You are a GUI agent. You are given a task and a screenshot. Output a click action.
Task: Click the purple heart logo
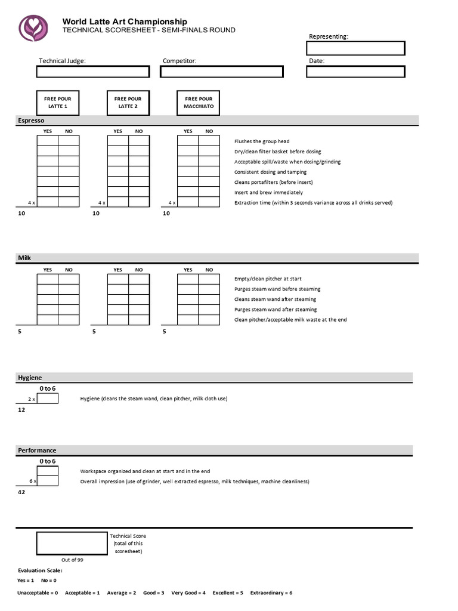[33, 27]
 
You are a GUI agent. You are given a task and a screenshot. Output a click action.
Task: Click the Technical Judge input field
[92, 72]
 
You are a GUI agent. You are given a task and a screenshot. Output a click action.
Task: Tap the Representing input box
[355, 48]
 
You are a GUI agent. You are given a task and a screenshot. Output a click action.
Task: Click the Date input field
[355, 72]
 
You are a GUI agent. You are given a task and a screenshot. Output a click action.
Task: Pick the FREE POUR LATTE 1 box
[58, 103]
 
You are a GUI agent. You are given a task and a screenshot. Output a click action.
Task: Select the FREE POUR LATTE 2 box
[128, 103]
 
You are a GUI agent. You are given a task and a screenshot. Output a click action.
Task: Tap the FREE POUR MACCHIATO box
[199, 103]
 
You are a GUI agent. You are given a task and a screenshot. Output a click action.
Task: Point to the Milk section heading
[24, 258]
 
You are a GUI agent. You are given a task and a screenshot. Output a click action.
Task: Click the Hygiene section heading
[29, 377]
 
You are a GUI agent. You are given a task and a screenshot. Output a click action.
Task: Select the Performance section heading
[37, 450]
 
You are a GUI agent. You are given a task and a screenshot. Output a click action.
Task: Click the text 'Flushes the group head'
[262, 141]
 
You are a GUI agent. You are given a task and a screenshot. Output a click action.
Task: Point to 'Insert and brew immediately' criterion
[268, 193]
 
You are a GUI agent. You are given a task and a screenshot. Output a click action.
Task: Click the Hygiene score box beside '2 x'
[48, 399]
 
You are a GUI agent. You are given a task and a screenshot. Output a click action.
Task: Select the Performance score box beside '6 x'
[48, 481]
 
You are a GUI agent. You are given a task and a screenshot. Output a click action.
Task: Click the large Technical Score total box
[72, 544]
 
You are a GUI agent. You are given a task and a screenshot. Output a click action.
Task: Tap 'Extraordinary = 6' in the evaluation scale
[271, 593]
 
